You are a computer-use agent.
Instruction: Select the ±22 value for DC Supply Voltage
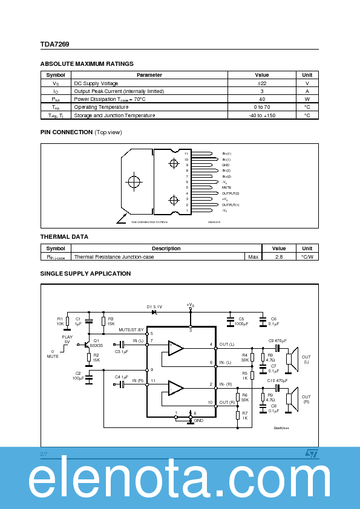point(261,83)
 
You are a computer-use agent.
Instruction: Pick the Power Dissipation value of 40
point(261,99)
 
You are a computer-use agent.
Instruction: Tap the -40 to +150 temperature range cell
point(261,115)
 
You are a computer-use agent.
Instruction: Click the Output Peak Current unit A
point(307,91)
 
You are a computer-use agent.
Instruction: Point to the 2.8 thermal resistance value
point(279,257)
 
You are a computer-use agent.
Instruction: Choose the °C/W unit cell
point(307,257)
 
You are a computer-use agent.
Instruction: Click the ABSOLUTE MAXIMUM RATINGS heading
point(87,64)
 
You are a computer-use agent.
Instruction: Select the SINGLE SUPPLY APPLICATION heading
point(85,274)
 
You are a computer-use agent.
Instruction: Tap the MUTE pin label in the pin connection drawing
point(226,187)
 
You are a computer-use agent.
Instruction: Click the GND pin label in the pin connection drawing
point(225,165)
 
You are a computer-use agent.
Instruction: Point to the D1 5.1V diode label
point(154,307)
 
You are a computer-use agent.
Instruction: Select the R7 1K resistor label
point(244,416)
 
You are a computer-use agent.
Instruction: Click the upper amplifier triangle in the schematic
point(175,348)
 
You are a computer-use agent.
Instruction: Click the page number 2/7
point(44,453)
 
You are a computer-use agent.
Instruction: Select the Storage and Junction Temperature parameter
point(114,115)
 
